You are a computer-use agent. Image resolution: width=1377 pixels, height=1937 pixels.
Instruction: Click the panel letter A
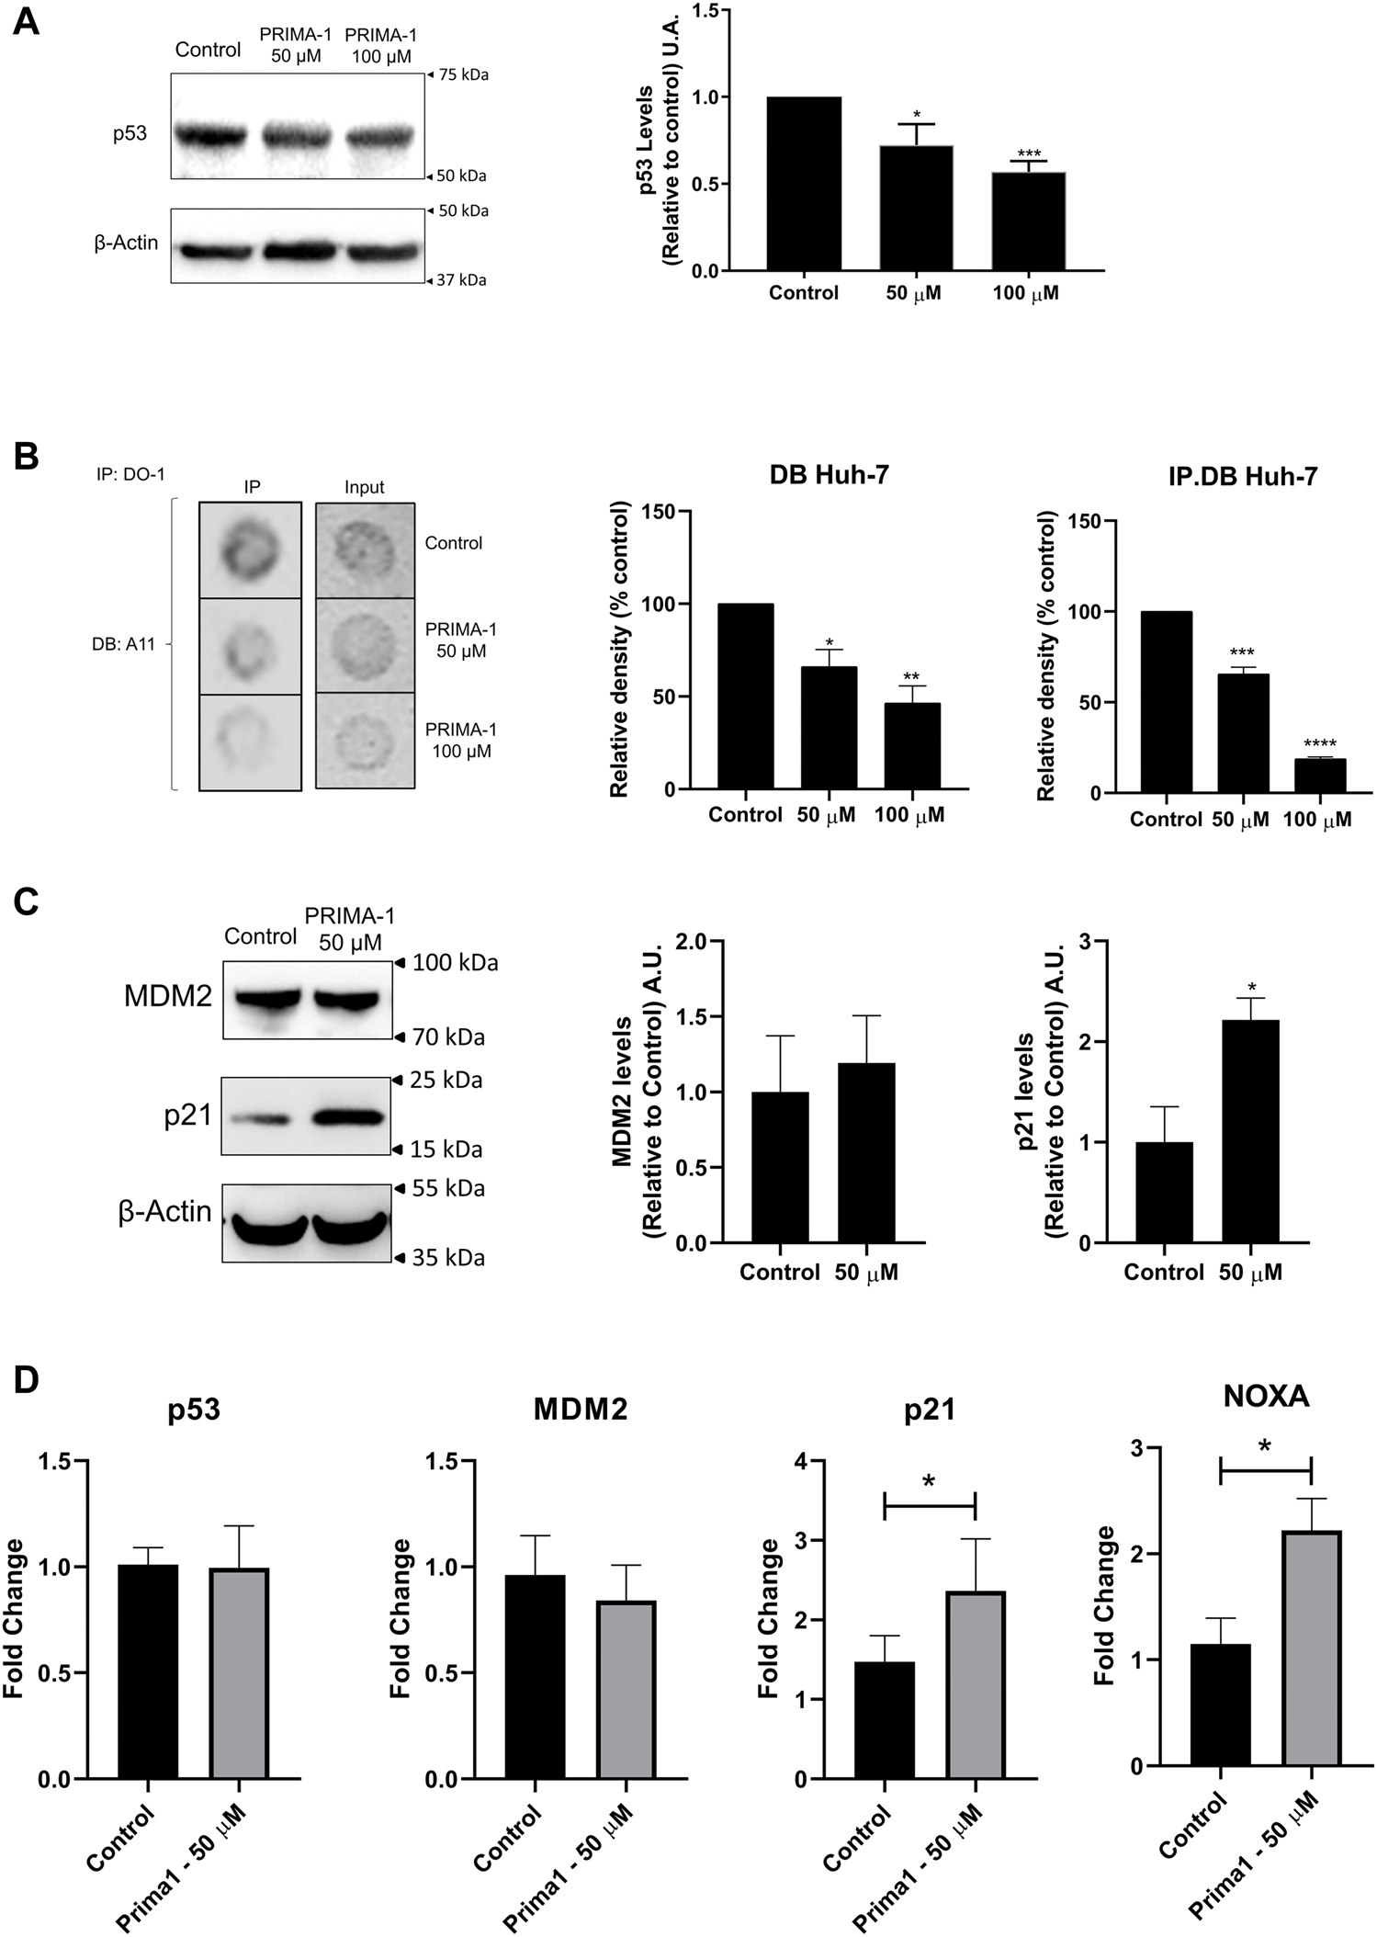click(26, 20)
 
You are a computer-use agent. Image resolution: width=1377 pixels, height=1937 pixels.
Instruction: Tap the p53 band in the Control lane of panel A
click(209, 135)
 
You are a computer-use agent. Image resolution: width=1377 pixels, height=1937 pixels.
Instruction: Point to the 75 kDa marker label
click(462, 75)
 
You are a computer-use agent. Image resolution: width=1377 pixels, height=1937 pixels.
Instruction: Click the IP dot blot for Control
click(250, 550)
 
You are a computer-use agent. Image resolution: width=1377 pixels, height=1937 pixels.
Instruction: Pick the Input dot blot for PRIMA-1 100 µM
click(365, 741)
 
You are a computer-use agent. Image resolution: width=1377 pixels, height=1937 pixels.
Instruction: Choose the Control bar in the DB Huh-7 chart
click(745, 697)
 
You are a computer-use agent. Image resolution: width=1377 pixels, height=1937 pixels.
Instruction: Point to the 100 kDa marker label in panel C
click(455, 963)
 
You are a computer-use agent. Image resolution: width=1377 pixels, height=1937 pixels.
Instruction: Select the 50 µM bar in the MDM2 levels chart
click(867, 1153)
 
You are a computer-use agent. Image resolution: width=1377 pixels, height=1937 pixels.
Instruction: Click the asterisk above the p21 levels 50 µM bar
click(1251, 988)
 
